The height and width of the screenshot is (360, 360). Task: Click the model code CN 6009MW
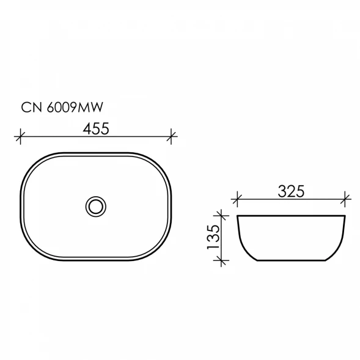tap(62, 108)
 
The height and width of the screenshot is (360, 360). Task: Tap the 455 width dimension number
tap(96, 128)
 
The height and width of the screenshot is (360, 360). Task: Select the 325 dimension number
tap(291, 191)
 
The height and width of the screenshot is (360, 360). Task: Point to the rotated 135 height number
tap(213, 237)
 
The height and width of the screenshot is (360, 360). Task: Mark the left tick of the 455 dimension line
tap(20, 136)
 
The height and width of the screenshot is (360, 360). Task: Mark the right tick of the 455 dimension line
tap(171, 136)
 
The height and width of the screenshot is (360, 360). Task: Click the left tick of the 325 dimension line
tap(237, 199)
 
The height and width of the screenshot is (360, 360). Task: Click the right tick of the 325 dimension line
tap(345, 199)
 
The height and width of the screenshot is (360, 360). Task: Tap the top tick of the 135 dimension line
tap(221, 215)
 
